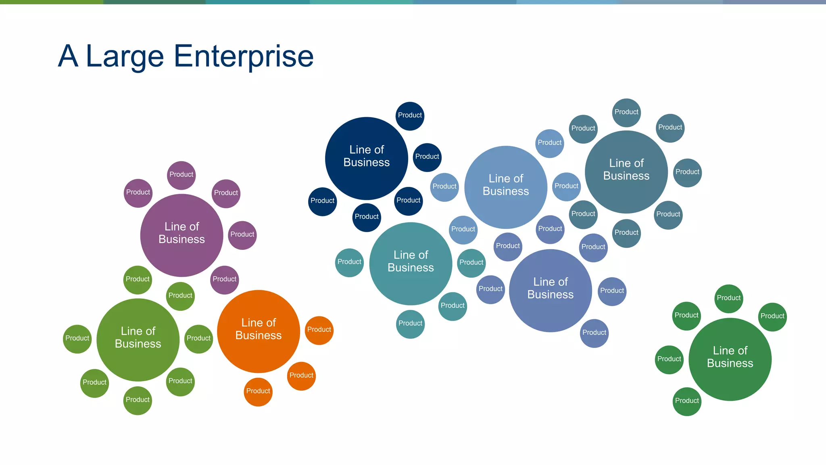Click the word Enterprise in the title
coord(244,56)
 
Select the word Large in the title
coord(125,56)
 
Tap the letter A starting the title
coord(68,56)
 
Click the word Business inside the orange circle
coord(259,335)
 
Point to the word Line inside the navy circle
coord(359,150)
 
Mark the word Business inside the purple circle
coord(181,239)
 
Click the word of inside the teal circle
coord(423,255)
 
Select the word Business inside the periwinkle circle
coord(551,295)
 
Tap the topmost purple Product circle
coord(181,175)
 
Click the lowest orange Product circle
coord(258,392)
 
